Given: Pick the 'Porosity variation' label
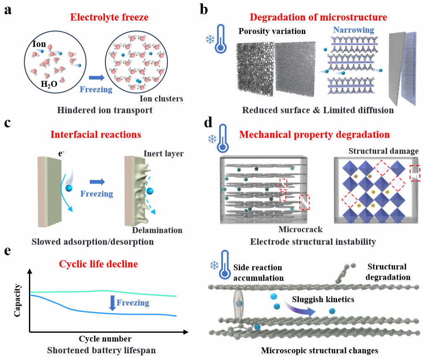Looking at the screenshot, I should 271,31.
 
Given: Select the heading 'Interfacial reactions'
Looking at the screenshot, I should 96,135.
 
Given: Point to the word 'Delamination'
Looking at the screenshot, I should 157,230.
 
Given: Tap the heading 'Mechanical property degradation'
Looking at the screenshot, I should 314,135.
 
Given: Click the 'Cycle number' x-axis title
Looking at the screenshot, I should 105,339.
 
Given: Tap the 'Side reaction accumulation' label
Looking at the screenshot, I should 258,273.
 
